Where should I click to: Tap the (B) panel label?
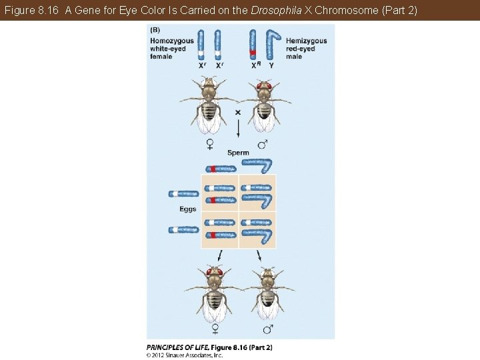(x=155, y=29)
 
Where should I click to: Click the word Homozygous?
(x=172, y=41)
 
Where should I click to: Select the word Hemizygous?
(x=306, y=41)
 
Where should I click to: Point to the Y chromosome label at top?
(x=271, y=65)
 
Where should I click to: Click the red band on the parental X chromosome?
(x=253, y=53)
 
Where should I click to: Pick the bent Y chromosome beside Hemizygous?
(x=271, y=44)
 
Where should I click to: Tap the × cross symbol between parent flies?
(x=238, y=113)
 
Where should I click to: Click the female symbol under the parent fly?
(x=209, y=143)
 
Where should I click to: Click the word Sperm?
(x=238, y=153)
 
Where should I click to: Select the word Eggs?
(x=188, y=209)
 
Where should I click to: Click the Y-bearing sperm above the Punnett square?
(x=257, y=165)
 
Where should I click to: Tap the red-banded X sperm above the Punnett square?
(x=220, y=167)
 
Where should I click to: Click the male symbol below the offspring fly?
(x=267, y=329)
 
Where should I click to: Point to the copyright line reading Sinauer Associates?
(x=185, y=355)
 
